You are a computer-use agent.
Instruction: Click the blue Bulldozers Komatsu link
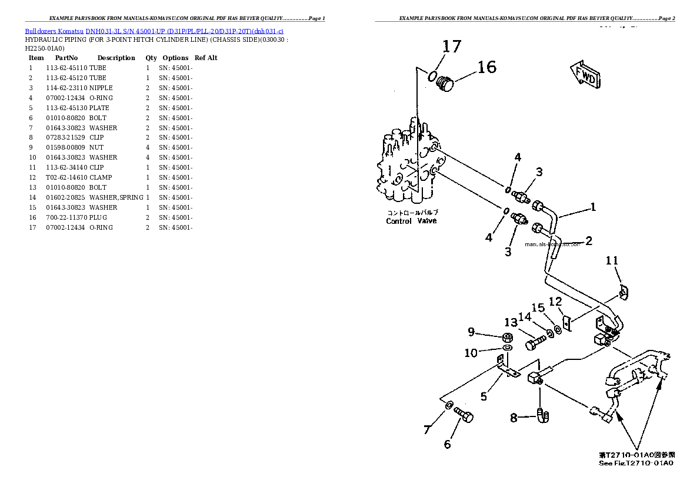(x=54, y=31)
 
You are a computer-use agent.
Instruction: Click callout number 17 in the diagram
(x=452, y=47)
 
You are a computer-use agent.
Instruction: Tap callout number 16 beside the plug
(x=486, y=67)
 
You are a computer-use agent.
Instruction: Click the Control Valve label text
(x=411, y=221)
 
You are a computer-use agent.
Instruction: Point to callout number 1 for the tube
(x=593, y=207)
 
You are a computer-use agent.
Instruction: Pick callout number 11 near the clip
(x=612, y=260)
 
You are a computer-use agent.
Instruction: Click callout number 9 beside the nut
(x=471, y=332)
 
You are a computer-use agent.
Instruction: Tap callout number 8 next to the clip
(x=514, y=418)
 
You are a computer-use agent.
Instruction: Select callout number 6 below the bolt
(x=447, y=444)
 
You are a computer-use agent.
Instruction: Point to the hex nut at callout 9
(x=506, y=338)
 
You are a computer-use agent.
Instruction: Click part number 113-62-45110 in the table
(x=66, y=68)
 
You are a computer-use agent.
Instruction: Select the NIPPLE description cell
(x=101, y=88)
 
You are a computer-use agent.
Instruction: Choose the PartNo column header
(x=66, y=58)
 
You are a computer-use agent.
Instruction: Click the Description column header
(x=116, y=58)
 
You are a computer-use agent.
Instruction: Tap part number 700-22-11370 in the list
(x=66, y=217)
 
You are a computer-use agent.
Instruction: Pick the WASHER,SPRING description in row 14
(x=116, y=197)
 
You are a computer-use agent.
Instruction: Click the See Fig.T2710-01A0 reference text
(x=635, y=463)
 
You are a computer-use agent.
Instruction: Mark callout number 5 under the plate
(x=484, y=396)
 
